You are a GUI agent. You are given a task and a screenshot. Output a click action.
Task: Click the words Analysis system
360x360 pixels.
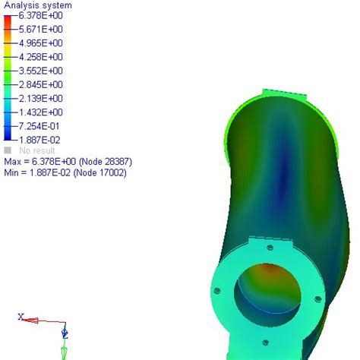[34, 5]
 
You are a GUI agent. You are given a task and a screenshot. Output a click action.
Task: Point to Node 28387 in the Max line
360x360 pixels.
[98, 162]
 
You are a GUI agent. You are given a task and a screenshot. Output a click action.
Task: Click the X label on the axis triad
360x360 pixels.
[21, 317]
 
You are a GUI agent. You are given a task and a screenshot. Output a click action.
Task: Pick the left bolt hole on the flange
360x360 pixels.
[217, 289]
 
